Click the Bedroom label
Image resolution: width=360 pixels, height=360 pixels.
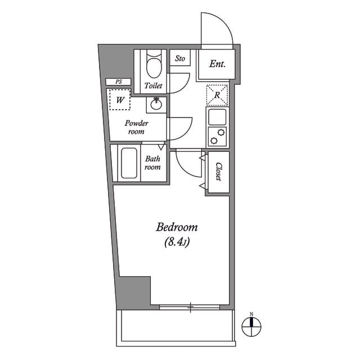(177, 228)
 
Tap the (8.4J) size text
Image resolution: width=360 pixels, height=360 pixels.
(176, 243)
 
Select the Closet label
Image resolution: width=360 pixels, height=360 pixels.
(218, 172)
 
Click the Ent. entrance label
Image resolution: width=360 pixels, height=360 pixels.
(217, 64)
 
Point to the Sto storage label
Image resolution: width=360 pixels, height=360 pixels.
(180, 58)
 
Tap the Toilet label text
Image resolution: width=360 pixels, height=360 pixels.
(153, 86)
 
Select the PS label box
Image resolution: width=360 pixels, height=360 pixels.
(119, 82)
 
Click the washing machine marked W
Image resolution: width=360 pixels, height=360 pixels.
(119, 100)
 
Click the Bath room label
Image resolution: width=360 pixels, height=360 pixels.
(153, 163)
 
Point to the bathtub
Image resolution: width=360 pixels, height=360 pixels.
(129, 164)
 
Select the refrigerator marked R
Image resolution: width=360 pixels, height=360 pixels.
(217, 95)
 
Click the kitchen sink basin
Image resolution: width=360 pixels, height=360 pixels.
(217, 117)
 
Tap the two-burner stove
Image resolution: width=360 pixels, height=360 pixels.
(217, 136)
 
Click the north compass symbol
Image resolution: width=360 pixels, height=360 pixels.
(253, 325)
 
